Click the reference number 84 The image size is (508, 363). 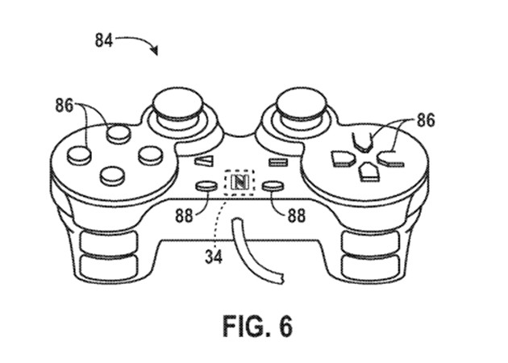point(104,39)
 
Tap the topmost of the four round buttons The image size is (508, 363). point(118,132)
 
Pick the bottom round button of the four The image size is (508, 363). point(111,173)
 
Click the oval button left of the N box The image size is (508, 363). point(206,186)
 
